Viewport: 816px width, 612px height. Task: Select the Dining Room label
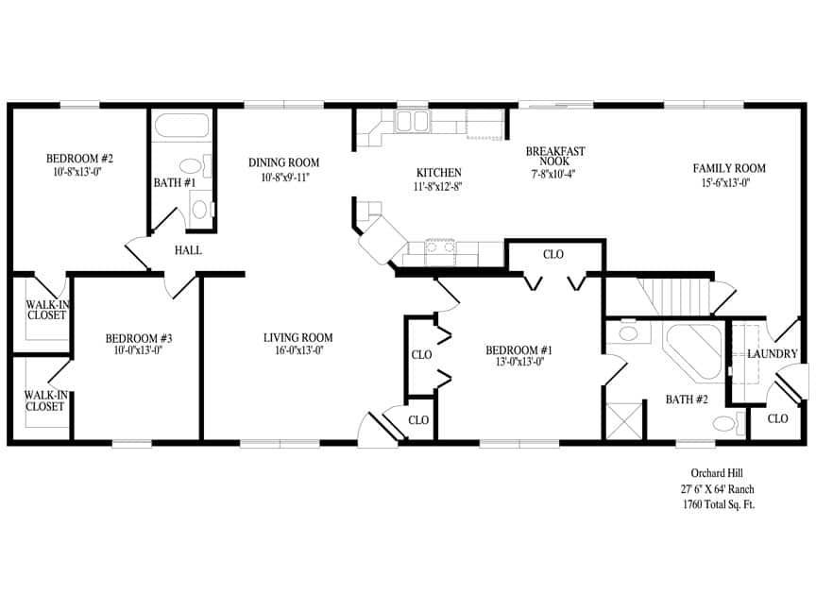[284, 162]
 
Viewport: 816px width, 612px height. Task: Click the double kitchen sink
[411, 120]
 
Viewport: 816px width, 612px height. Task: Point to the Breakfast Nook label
[555, 157]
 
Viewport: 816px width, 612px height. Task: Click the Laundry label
[773, 354]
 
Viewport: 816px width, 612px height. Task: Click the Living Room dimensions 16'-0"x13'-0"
[297, 352]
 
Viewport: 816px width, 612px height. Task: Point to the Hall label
[188, 250]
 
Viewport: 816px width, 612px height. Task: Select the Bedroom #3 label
[138, 338]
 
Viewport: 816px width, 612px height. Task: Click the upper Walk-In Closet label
[45, 309]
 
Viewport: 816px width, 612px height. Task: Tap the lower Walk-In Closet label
[44, 400]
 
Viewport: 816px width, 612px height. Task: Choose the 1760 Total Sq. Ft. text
[719, 505]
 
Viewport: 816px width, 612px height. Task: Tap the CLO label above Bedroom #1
[553, 254]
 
